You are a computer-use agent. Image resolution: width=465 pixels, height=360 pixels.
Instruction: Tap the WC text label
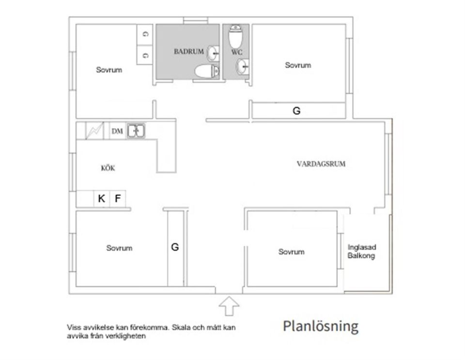(237, 51)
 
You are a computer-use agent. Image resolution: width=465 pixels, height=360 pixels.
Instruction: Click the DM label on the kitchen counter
(117, 131)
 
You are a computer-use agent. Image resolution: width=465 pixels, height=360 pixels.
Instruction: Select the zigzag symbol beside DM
(94, 131)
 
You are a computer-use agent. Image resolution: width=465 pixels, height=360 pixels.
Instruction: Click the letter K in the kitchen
(101, 198)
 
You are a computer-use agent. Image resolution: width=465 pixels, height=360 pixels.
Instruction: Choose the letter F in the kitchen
(117, 198)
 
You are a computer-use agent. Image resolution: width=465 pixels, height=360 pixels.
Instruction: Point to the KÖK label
(108, 168)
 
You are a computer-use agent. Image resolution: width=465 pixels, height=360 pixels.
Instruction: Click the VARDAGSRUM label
(321, 164)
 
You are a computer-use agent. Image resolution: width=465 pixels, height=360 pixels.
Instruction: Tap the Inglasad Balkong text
(361, 252)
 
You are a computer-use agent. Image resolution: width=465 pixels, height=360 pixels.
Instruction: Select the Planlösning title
(321, 326)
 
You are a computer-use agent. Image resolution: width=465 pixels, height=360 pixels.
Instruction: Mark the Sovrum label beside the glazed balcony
(292, 252)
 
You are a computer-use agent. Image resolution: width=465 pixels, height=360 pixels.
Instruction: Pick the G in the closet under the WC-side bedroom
(296, 111)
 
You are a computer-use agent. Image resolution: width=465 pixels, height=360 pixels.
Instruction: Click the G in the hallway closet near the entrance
(175, 247)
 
